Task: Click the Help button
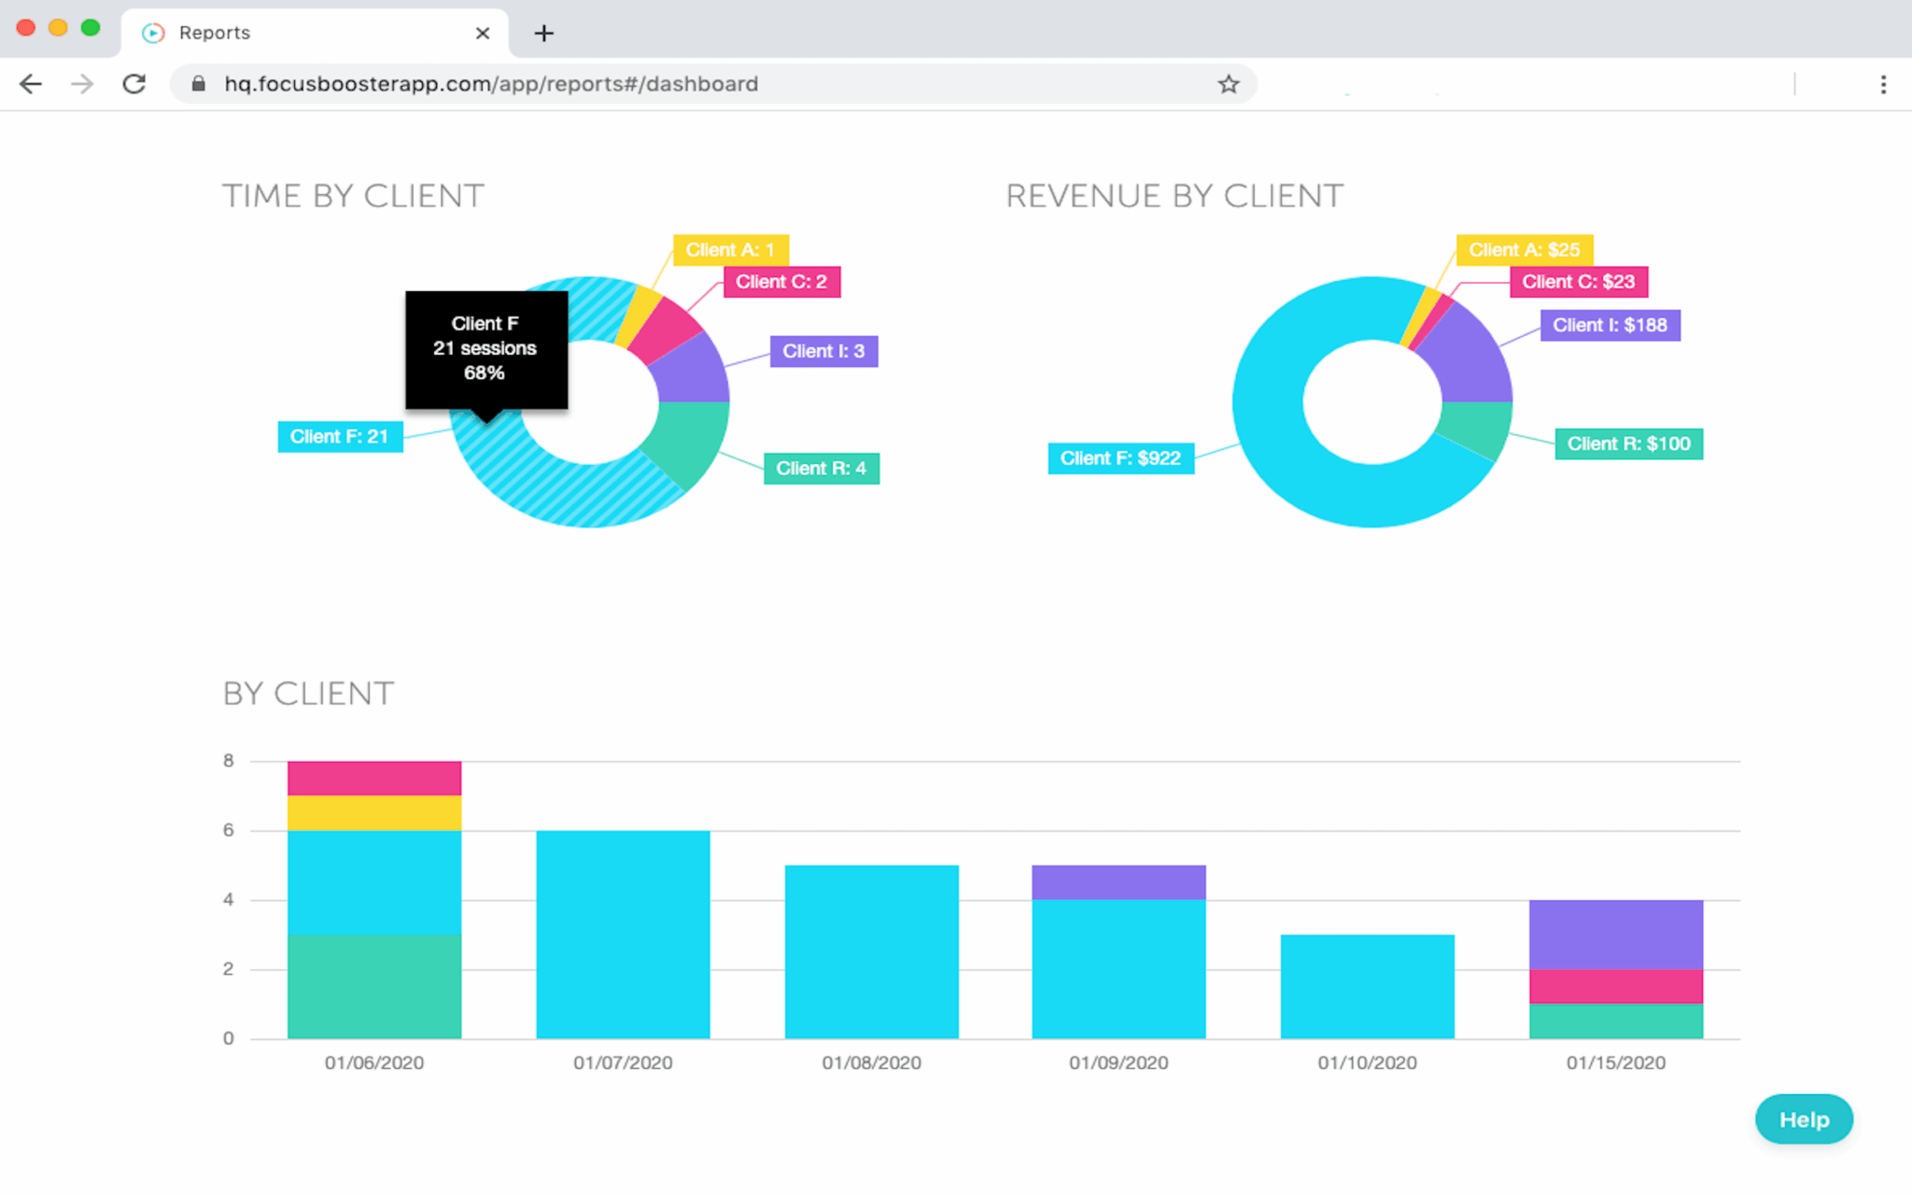(1803, 1118)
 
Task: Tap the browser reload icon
(134, 84)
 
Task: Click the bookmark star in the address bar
(1228, 84)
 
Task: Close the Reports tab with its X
(482, 34)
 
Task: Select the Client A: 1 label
(730, 250)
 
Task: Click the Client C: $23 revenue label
(1578, 282)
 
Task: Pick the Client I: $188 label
(1610, 325)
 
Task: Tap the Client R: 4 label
(821, 469)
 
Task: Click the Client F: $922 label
(1120, 458)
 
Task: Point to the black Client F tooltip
(485, 348)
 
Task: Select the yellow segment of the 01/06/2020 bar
(374, 813)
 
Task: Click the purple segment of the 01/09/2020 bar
(1118, 882)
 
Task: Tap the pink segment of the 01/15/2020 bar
(1615, 986)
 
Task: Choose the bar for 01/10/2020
(1367, 986)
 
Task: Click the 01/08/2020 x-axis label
(871, 1062)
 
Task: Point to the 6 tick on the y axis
(229, 830)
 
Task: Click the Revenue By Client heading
(1174, 196)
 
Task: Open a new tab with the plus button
(543, 34)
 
